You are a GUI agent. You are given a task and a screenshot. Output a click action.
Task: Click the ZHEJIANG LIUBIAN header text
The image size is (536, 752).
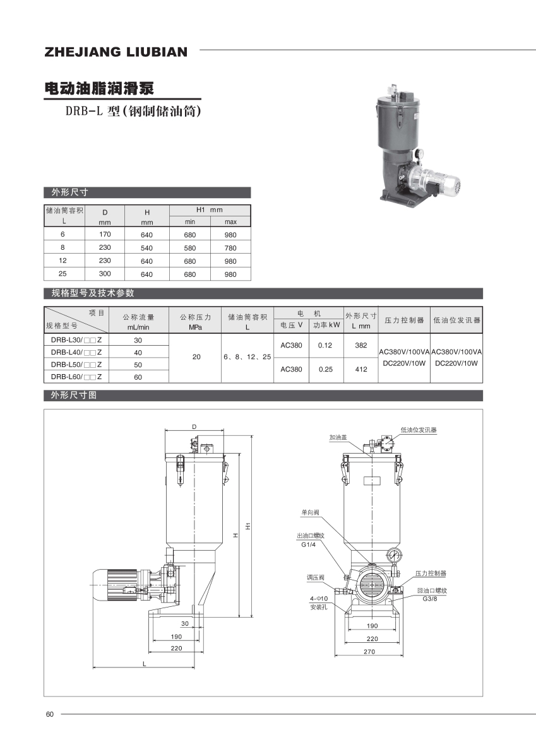tap(116, 52)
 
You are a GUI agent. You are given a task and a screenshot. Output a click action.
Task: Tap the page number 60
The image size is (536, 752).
tap(50, 714)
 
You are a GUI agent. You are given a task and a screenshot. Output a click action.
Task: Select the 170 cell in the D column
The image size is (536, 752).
tap(105, 234)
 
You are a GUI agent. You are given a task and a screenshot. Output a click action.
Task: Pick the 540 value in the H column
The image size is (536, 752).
tap(146, 248)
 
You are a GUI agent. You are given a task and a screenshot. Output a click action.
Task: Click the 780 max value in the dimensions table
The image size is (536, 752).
tap(230, 248)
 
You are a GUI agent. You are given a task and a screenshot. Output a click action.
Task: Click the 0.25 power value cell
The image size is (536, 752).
tap(325, 370)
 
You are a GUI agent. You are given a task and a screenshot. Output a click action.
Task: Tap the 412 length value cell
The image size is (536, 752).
tap(360, 370)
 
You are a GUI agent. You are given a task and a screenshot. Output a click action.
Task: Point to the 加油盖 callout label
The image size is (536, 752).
tap(338, 437)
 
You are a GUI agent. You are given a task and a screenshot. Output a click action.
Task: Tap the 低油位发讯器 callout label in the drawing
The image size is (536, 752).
tap(419, 430)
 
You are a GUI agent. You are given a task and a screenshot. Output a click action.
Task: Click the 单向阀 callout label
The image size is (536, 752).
tap(309, 513)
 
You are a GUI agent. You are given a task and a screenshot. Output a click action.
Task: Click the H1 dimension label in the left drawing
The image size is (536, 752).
tap(249, 525)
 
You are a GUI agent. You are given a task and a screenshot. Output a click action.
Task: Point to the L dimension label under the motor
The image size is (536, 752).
tap(144, 664)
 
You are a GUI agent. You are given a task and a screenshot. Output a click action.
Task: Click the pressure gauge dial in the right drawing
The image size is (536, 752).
tap(396, 555)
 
